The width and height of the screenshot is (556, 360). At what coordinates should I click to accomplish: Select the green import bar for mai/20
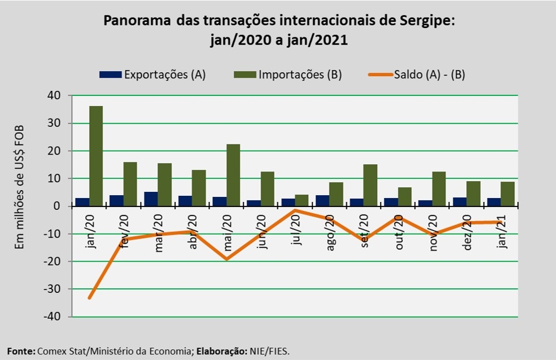[x=233, y=175]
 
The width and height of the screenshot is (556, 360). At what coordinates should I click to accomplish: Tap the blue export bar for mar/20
[x=151, y=199]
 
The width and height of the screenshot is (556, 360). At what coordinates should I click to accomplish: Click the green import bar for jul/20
[x=301, y=200]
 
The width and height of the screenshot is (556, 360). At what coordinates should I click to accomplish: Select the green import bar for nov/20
[x=439, y=189]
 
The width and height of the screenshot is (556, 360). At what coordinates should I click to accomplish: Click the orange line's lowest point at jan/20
[x=89, y=298]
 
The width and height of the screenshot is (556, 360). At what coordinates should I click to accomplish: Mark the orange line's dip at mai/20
[x=226, y=259]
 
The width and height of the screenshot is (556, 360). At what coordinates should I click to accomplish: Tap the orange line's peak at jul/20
[x=295, y=210]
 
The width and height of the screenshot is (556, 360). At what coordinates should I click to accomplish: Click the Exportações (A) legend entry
[x=152, y=74]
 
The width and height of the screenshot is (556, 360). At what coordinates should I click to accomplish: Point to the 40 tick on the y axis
[x=54, y=96]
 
